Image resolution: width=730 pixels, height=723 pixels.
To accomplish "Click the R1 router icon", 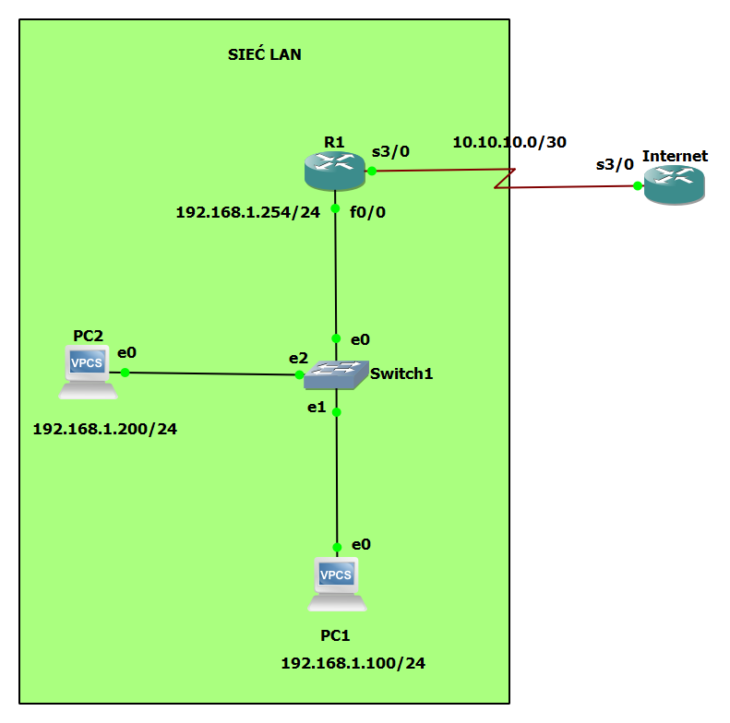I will point(334,168).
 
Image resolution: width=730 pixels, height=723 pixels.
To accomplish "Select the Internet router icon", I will point(674,184).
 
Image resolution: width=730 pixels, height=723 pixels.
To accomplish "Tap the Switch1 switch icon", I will point(335,374).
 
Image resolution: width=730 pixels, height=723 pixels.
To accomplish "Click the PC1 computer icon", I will point(337,584).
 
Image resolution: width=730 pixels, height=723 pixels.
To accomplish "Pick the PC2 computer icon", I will point(88,372).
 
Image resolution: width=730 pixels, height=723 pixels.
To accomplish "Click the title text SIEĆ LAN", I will point(265,55).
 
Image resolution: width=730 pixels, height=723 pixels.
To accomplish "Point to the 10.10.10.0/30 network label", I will point(509,142).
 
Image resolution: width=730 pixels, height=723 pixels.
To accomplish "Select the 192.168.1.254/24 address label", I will point(247,212).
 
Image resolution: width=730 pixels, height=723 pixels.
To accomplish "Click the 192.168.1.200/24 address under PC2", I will point(104,429).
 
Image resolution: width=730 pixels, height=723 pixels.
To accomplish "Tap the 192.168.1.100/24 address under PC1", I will point(353,663).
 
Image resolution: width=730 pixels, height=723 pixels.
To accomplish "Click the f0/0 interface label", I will point(368,212).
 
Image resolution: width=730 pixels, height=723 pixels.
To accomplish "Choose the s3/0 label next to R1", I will point(390,150).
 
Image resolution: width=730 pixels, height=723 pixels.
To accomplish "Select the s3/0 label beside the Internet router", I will point(615,165).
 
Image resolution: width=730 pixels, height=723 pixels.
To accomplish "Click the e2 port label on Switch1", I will point(298,358).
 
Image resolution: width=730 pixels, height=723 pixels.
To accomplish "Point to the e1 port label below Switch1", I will point(317,407).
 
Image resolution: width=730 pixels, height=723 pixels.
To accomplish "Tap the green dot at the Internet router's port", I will point(638,185).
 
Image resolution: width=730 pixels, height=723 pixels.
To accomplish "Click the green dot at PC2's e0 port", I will point(125,373).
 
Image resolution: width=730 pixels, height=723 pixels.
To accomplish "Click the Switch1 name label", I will point(401,373).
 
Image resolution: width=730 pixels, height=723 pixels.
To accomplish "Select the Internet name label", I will point(675,156).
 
